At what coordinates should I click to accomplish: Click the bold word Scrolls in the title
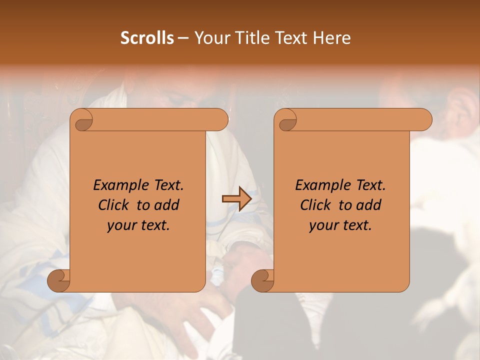[147, 38]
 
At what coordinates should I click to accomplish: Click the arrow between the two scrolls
[236, 199]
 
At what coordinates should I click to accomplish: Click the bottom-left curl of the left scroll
[57, 280]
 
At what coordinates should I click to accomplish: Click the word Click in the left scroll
[113, 205]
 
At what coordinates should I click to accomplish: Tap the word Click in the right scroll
[315, 205]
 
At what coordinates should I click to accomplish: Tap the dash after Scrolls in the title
[183, 38]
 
